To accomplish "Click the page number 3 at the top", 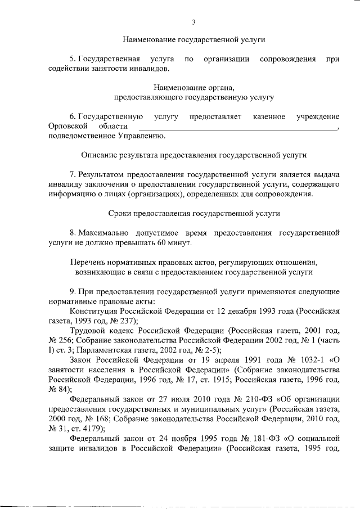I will click(x=193, y=22).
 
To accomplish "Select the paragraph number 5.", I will click(x=71, y=58).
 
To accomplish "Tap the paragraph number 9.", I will click(x=71, y=291).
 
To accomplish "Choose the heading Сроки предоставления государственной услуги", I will click(x=194, y=213).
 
